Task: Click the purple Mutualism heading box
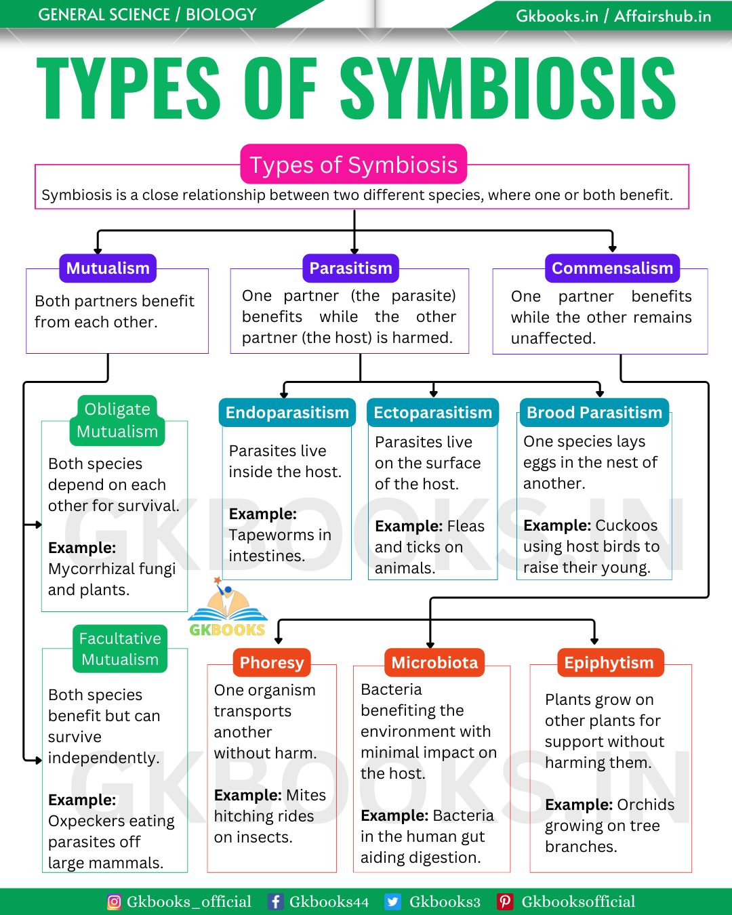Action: pyautogui.click(x=108, y=268)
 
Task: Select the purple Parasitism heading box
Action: pyautogui.click(x=350, y=268)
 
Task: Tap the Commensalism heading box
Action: pyautogui.click(x=612, y=268)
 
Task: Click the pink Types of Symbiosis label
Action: pyautogui.click(x=353, y=164)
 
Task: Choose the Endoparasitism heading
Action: pyautogui.click(x=287, y=413)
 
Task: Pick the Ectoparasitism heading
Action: pyautogui.click(x=432, y=413)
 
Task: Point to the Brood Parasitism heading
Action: pyautogui.click(x=594, y=413)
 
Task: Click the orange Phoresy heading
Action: pyautogui.click(x=272, y=662)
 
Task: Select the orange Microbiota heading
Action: pyautogui.click(x=434, y=662)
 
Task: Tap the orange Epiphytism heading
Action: pyautogui.click(x=609, y=662)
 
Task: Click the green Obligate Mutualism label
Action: pyautogui.click(x=117, y=420)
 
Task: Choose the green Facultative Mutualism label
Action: pyautogui.click(x=120, y=649)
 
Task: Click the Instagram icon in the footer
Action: pyautogui.click(x=114, y=902)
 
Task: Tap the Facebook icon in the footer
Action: pyautogui.click(x=275, y=902)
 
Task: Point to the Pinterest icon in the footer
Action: pyautogui.click(x=504, y=902)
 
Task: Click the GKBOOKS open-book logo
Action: pyautogui.click(x=228, y=608)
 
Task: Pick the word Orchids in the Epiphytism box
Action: pyautogui.click(x=646, y=805)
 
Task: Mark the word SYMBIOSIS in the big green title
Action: pyautogui.click(x=508, y=87)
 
